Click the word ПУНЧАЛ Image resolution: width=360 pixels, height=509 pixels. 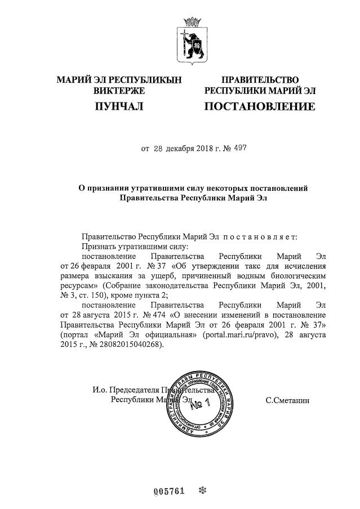pyautogui.click(x=118, y=106)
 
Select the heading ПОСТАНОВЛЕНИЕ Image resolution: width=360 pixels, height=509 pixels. pyautogui.click(x=259, y=106)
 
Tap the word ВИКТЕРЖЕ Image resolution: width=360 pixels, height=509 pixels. pyautogui.click(x=119, y=90)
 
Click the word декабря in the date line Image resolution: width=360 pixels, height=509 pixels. pyautogui.click(x=181, y=149)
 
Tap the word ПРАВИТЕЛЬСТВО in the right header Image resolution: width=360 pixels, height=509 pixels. pyautogui.click(x=260, y=80)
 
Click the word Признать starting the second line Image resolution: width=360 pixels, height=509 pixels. pyautogui.click(x=97, y=247)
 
